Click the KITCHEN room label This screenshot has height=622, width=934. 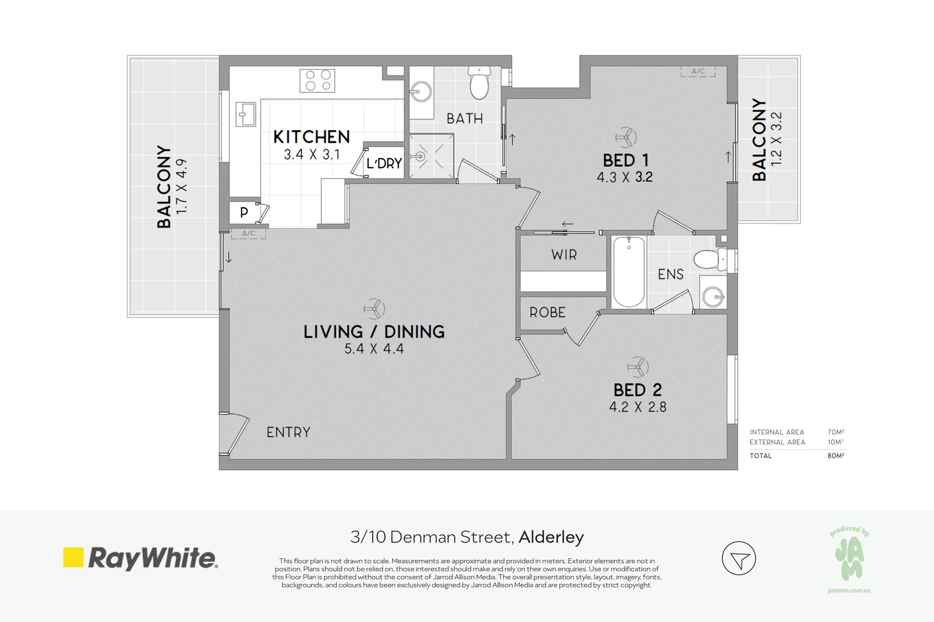point(311,137)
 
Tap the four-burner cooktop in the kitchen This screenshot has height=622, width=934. point(317,81)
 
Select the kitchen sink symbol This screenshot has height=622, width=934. point(246,115)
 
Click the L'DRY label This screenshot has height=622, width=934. point(384,164)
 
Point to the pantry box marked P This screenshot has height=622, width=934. point(244,213)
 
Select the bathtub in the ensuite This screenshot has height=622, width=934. point(628,271)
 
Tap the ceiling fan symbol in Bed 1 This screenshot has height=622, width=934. point(626,137)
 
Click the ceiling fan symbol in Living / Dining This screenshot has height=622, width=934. point(374,308)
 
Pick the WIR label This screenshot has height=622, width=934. point(564,255)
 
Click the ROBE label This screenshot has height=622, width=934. point(547,313)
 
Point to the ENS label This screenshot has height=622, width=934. point(671,274)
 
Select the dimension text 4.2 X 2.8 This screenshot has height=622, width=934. point(637,407)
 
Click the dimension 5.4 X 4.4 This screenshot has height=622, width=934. point(374,349)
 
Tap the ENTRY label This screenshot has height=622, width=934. point(288,432)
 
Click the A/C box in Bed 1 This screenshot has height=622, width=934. point(698,71)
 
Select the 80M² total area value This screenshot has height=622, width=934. point(835,456)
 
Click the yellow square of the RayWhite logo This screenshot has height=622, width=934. point(73,557)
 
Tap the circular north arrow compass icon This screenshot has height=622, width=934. point(739,558)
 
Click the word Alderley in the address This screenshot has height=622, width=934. point(551,537)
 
